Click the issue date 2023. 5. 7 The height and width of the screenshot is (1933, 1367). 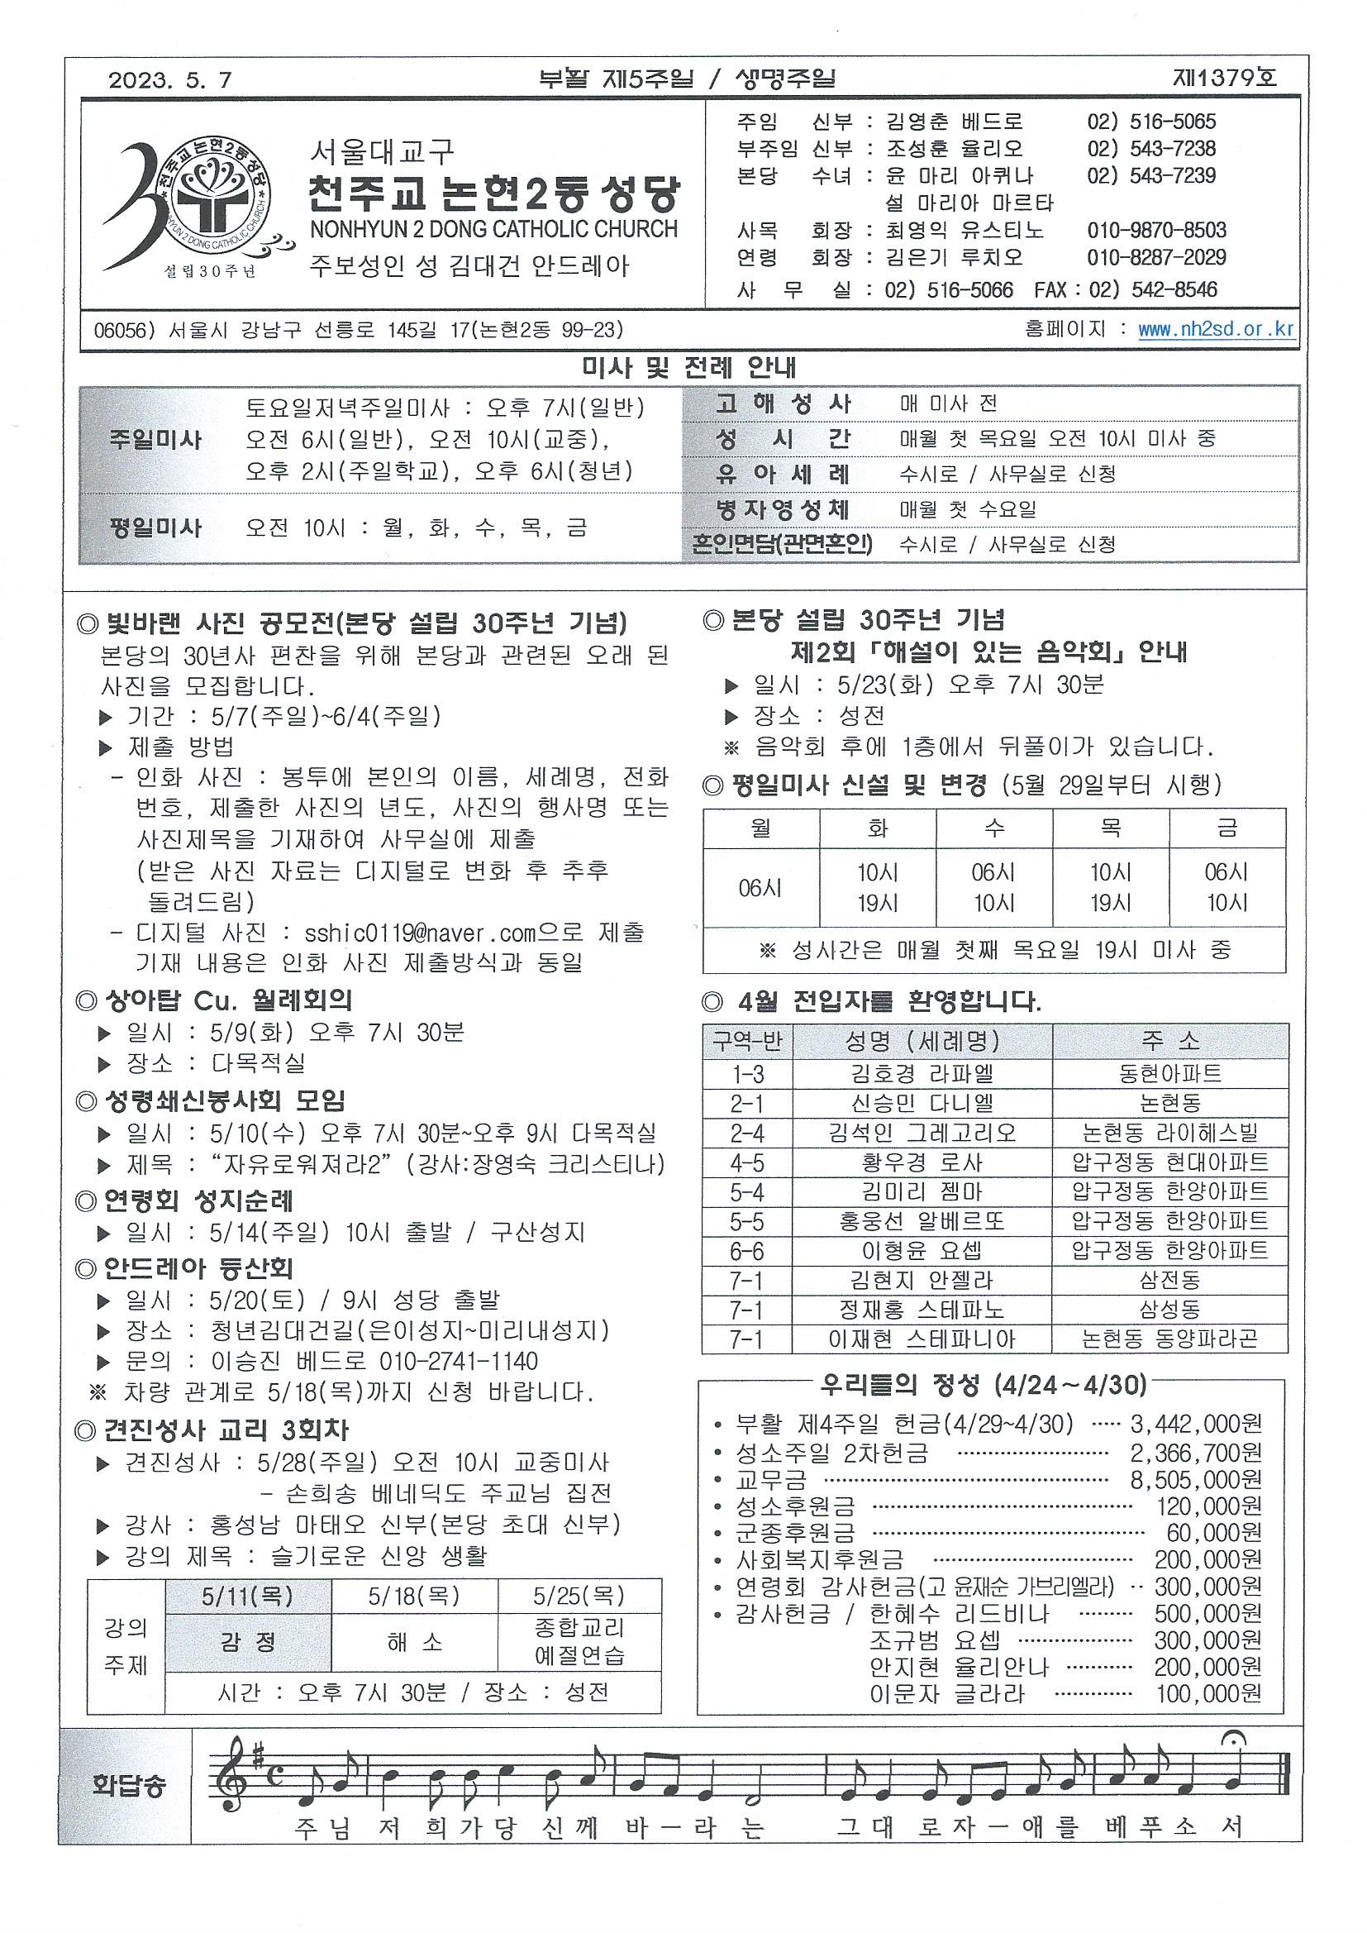click(x=169, y=81)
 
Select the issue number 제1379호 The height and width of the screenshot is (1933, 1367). click(x=1224, y=79)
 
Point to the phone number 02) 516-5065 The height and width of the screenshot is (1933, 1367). click(x=1151, y=122)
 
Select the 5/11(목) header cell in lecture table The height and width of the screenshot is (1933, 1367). click(x=247, y=1597)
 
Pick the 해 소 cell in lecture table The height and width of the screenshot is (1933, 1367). click(x=414, y=1643)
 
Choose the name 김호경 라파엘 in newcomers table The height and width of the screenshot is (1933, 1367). click(x=922, y=1074)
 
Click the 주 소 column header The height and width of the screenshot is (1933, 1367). click(x=1170, y=1042)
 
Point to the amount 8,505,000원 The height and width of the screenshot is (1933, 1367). click(x=1195, y=1480)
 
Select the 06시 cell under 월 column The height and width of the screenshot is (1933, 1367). click(x=761, y=887)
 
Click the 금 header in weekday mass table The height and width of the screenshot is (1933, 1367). click(x=1226, y=828)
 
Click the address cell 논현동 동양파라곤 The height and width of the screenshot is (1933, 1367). click(x=1170, y=1339)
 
